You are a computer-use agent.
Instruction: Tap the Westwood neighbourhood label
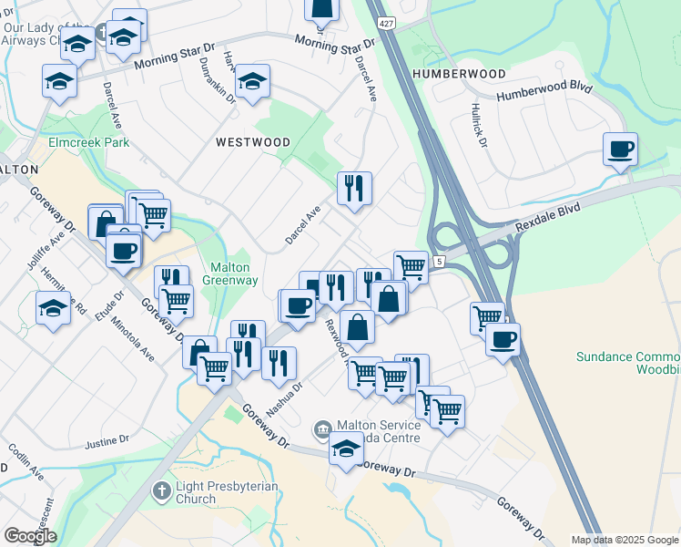point(253,142)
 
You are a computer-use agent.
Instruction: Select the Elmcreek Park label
point(89,142)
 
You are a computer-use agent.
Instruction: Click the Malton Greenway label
point(234,273)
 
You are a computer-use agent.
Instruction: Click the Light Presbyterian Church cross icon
point(161,491)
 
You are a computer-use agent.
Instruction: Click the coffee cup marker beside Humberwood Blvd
point(620,150)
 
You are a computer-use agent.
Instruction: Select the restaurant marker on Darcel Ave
point(354,189)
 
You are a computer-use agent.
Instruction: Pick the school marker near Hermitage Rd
point(53,308)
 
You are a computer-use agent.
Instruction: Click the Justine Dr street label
point(107,443)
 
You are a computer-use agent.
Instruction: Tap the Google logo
point(30,536)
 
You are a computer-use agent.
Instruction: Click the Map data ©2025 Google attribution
point(624,540)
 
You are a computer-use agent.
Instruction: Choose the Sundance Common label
point(629,357)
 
